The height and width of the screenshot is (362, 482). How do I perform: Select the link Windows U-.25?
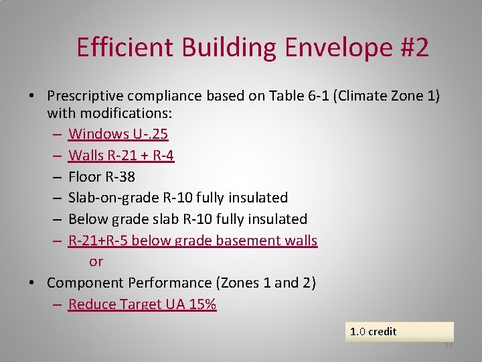(x=118, y=134)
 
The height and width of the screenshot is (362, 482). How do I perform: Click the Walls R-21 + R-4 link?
(x=121, y=156)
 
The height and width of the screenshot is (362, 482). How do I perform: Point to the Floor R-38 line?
(x=102, y=176)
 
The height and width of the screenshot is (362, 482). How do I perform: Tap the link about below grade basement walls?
(x=193, y=240)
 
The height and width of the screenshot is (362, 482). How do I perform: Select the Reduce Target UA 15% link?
(x=142, y=304)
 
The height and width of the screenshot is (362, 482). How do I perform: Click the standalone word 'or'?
(x=96, y=261)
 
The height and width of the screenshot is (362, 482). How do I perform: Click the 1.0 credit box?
(x=399, y=331)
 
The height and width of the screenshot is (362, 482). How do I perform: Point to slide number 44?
(x=449, y=346)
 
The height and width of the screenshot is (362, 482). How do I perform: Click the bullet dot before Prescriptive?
(x=32, y=97)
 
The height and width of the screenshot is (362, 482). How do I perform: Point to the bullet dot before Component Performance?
(x=32, y=284)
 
